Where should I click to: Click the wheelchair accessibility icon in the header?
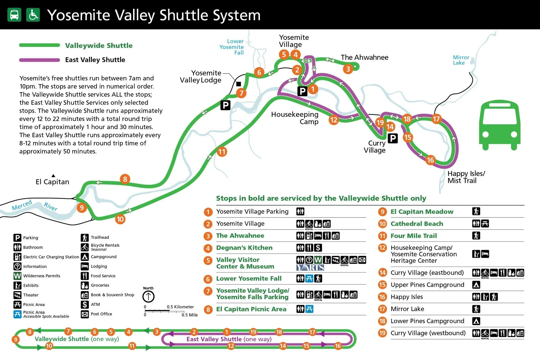click(33, 15)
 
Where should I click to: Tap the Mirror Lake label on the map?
click(461, 60)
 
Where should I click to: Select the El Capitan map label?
click(52, 182)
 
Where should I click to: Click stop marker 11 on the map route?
click(222, 152)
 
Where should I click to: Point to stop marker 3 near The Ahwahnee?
click(348, 69)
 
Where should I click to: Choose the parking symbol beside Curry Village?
click(393, 138)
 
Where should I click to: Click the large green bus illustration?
click(499, 126)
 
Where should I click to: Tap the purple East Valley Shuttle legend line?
click(39, 60)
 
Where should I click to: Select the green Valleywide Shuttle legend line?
click(39, 45)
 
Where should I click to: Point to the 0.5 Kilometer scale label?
click(180, 307)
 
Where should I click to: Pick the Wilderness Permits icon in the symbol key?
click(17, 276)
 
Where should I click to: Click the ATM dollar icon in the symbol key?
click(85, 304)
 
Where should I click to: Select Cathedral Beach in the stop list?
click(417, 224)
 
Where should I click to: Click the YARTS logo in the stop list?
click(310, 267)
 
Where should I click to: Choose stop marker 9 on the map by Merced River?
click(82, 208)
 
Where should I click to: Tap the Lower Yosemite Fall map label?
click(232, 47)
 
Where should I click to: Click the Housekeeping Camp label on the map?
click(295, 118)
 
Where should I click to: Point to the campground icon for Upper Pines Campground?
click(476, 285)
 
